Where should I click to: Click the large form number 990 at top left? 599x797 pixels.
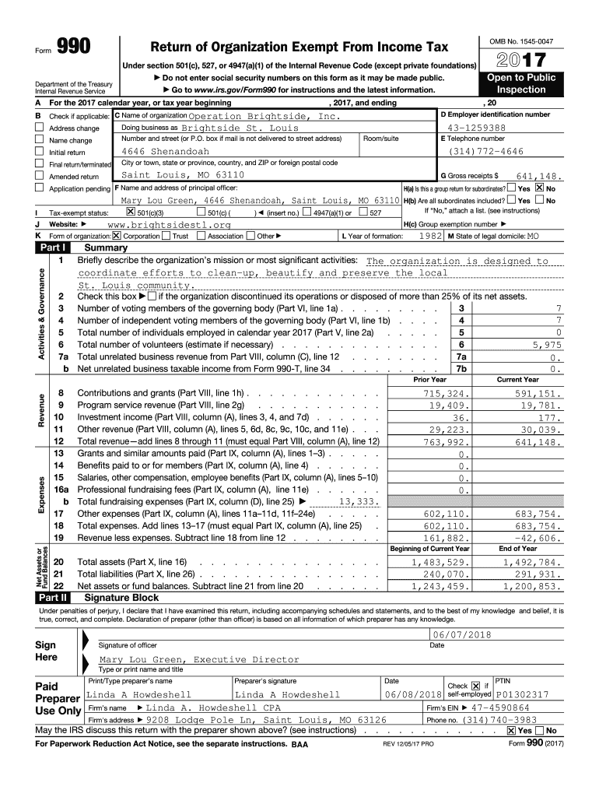(x=74, y=48)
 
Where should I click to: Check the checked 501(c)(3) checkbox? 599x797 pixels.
(x=130, y=212)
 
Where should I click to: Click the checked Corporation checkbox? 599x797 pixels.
(x=116, y=236)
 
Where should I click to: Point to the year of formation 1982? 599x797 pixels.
(x=431, y=235)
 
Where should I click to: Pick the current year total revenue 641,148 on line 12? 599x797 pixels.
(x=538, y=441)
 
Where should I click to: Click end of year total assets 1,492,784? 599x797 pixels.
(x=533, y=562)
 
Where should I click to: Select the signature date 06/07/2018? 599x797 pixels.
(x=465, y=635)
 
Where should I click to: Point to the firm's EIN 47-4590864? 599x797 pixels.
(x=496, y=707)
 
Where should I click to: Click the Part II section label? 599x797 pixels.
(x=54, y=598)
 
